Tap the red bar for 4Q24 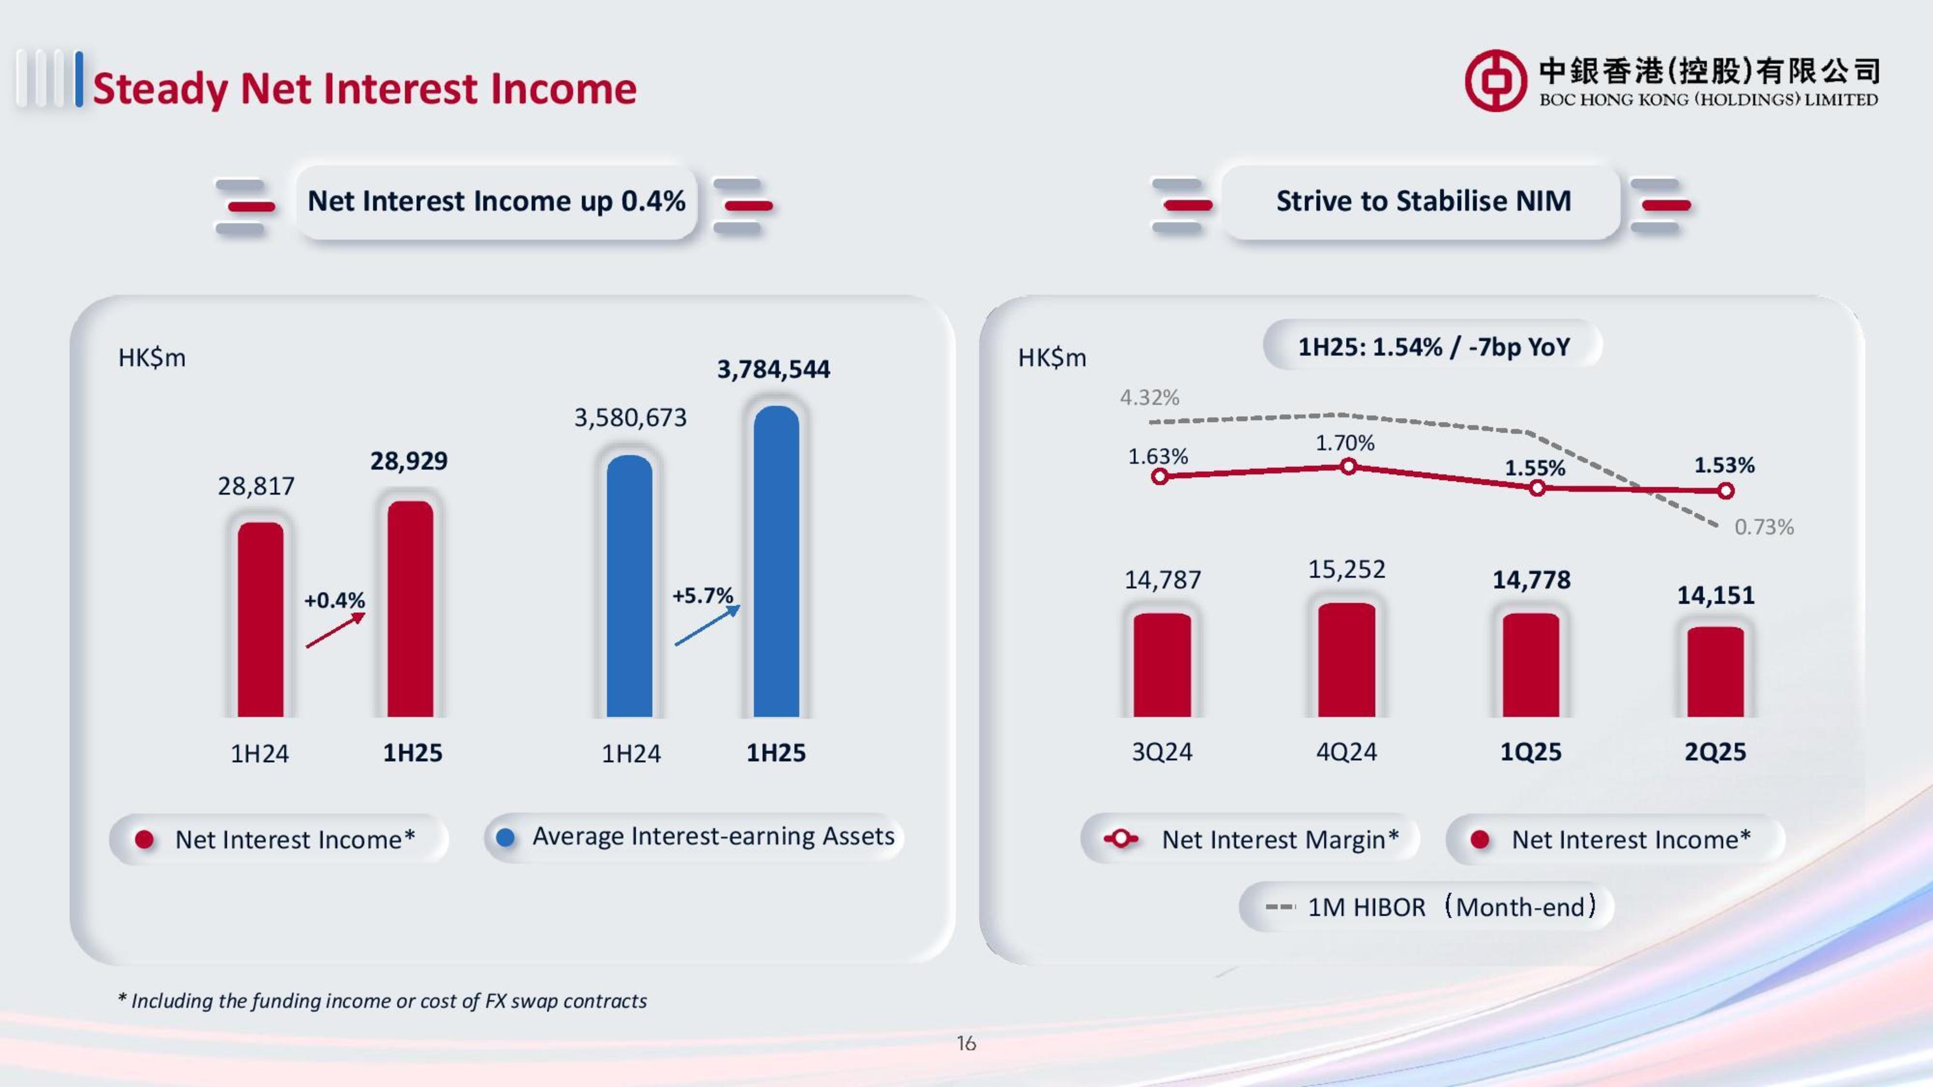point(1346,659)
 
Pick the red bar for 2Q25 point(1716,672)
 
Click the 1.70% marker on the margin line point(1348,467)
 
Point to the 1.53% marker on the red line point(1726,491)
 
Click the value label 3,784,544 point(773,369)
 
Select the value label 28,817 point(256,486)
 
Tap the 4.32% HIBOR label point(1149,397)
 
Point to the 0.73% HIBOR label point(1763,527)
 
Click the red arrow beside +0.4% point(335,630)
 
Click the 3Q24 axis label point(1162,752)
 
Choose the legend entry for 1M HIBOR point(1426,907)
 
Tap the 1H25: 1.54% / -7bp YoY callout point(1433,346)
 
